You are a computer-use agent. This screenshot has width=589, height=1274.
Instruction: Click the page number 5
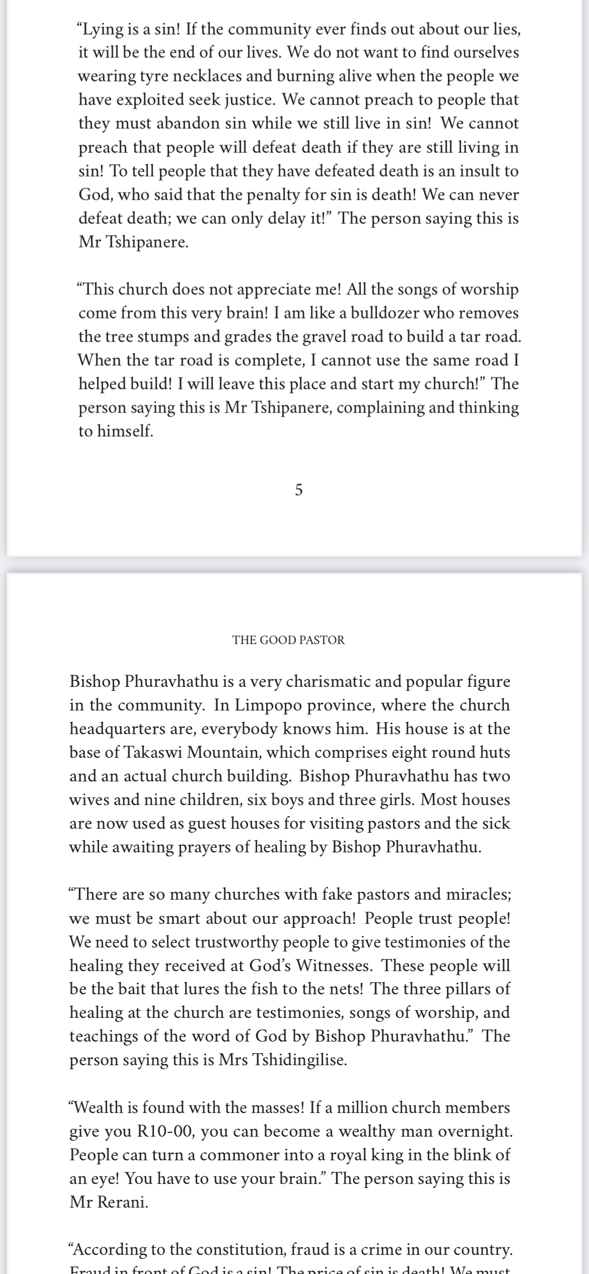[x=299, y=490]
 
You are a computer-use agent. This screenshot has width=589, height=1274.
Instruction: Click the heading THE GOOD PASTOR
[x=288, y=640]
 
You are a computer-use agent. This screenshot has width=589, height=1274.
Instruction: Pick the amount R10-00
[x=161, y=1131]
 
